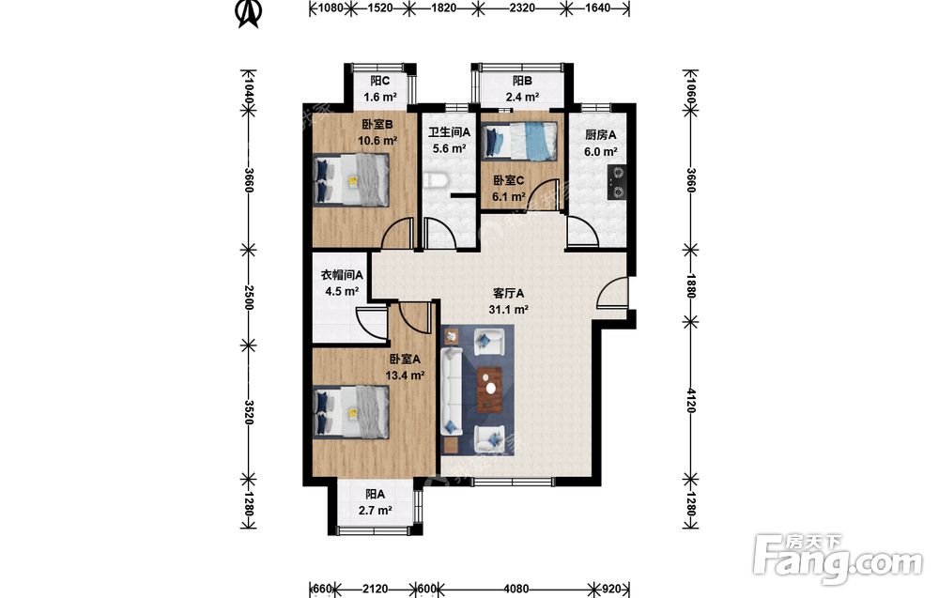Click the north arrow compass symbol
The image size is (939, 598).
[249, 14]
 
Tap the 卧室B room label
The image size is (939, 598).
[377, 125]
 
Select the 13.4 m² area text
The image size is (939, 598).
[405, 376]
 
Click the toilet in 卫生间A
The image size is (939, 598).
[434, 180]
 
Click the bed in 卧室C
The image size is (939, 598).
[519, 141]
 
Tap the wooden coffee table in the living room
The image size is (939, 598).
[491, 390]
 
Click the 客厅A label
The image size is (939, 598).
[508, 293]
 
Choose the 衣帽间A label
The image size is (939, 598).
[342, 275]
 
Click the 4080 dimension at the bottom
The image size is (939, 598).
[516, 589]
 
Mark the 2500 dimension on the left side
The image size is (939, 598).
[249, 298]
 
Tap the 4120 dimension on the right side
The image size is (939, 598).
[691, 401]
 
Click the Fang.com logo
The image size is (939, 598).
[838, 560]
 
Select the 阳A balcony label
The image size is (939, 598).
[376, 495]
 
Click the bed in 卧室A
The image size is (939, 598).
[351, 412]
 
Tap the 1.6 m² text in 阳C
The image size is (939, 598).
[379, 97]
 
